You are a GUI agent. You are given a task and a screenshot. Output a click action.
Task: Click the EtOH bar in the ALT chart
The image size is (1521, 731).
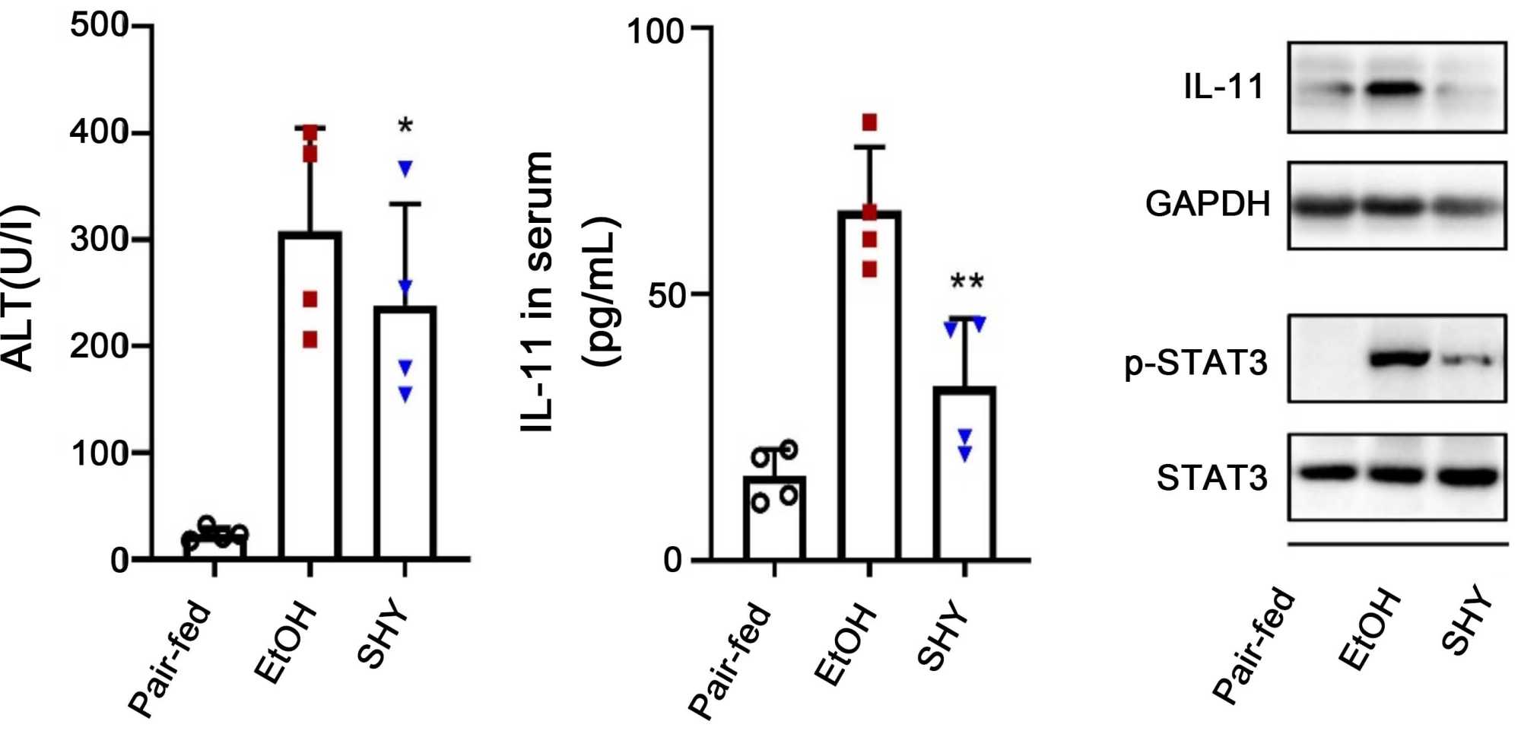pyautogui.click(x=310, y=396)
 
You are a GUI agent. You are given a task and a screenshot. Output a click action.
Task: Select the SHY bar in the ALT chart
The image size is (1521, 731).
pyautogui.click(x=405, y=434)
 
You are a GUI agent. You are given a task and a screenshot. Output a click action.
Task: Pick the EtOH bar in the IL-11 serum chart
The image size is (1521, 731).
pyautogui.click(x=869, y=388)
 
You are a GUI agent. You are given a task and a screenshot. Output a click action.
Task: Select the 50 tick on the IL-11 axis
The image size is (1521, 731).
pyautogui.click(x=668, y=295)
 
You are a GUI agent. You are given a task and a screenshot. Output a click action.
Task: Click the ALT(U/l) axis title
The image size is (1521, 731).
pyautogui.click(x=18, y=289)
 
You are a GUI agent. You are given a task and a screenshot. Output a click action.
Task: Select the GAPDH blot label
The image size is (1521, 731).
pyautogui.click(x=1208, y=204)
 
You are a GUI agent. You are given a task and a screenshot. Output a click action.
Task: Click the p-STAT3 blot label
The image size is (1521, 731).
pyautogui.click(x=1196, y=364)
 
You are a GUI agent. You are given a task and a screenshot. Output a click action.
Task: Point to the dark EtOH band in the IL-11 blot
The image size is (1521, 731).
pyautogui.click(x=1394, y=89)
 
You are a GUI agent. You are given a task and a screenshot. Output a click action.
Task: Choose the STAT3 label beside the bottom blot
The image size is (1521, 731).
pyautogui.click(x=1212, y=478)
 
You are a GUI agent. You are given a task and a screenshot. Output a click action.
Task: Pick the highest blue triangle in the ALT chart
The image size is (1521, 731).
pyautogui.click(x=405, y=169)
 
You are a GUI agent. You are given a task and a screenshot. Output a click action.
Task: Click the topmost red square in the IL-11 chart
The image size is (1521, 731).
pyautogui.click(x=869, y=122)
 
